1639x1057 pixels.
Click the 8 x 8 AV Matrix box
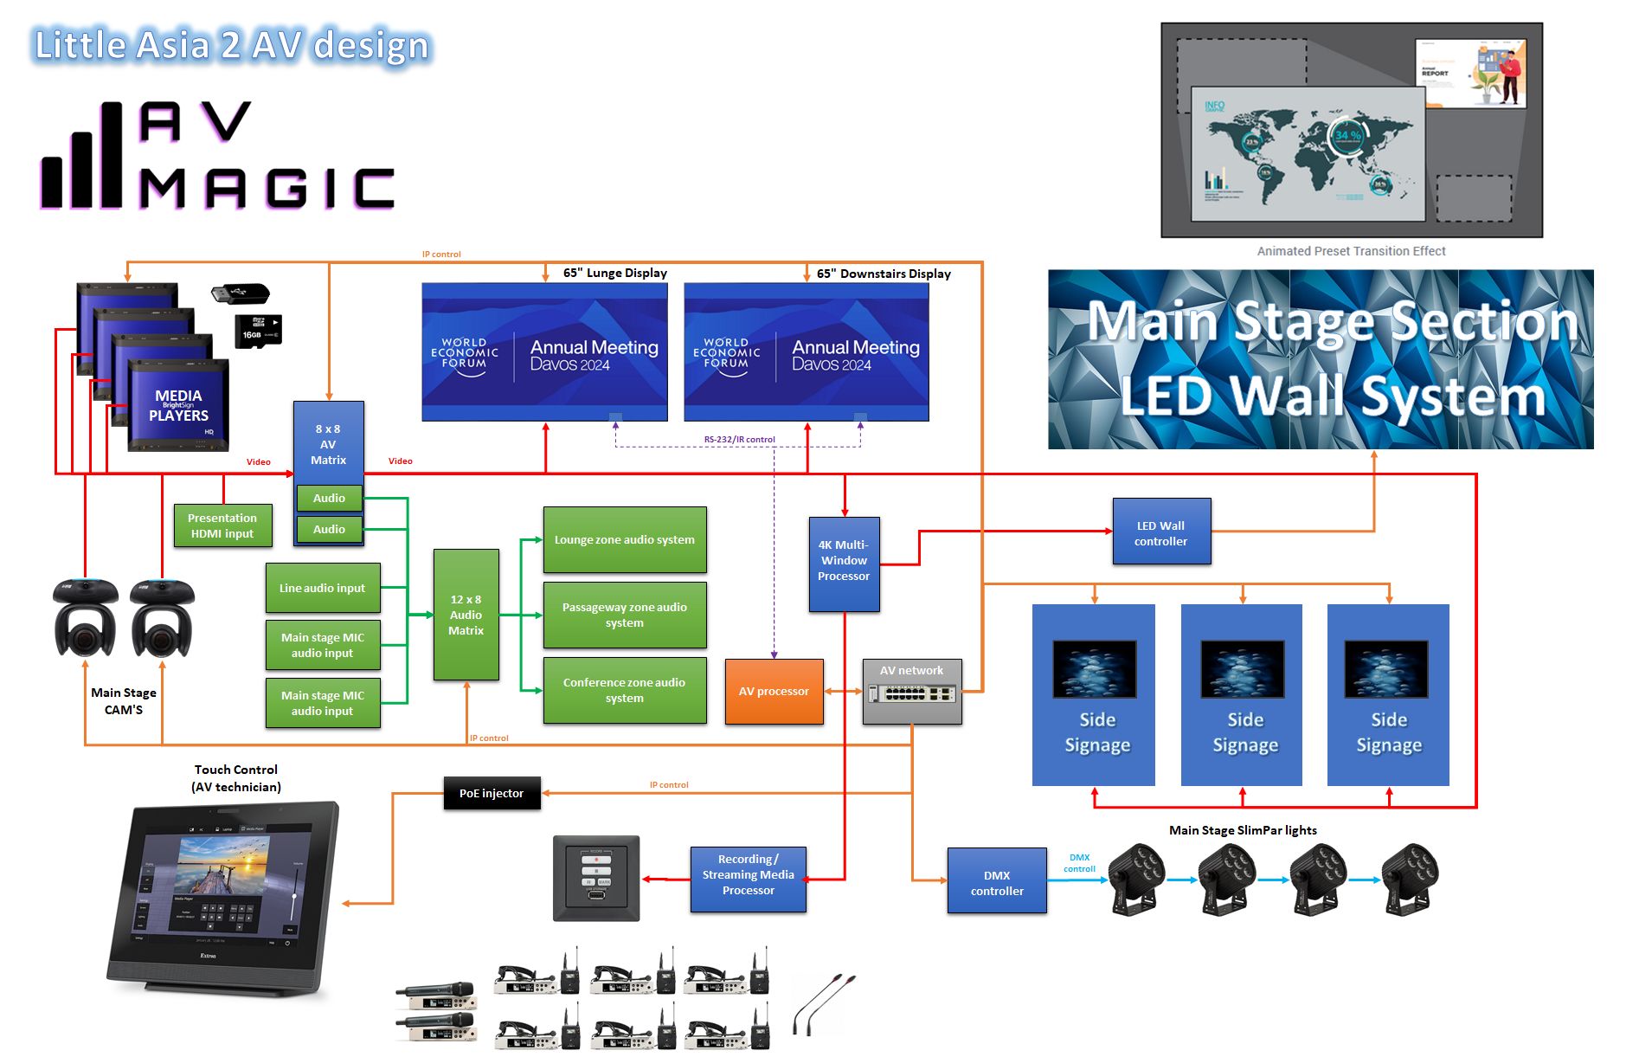point(328,443)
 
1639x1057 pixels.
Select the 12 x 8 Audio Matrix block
point(466,615)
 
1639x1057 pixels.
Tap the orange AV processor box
point(774,691)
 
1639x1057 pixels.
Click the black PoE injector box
point(492,793)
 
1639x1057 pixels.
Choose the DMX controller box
point(997,882)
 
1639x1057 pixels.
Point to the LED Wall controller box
point(1161,532)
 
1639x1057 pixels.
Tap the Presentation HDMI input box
point(222,525)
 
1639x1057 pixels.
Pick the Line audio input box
point(322,588)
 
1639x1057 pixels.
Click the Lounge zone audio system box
point(624,539)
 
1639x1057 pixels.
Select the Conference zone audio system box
point(624,690)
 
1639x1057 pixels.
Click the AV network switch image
point(912,694)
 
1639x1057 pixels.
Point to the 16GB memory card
point(257,331)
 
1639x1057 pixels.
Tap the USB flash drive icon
point(240,293)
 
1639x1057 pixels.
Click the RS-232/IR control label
point(739,440)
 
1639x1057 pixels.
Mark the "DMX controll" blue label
point(1079,863)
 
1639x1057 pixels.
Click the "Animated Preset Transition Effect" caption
point(1351,251)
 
